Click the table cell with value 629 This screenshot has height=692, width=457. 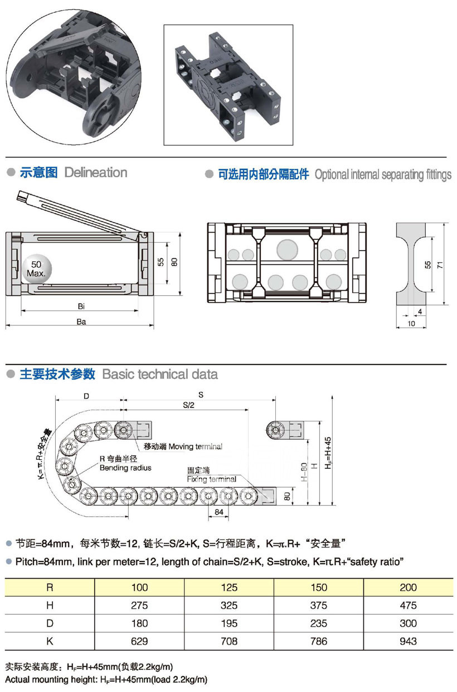pos(139,641)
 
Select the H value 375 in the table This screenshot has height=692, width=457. pos(319,605)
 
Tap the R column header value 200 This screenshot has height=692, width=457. pos(408,587)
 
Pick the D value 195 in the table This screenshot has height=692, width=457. pos(229,623)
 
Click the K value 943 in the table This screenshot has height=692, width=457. pos(408,641)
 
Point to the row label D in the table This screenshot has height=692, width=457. pos(50,623)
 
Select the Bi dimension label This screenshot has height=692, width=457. pos(81,306)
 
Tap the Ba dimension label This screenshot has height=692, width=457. pos(81,321)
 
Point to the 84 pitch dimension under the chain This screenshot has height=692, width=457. pos(218,512)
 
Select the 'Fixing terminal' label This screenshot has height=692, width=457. pos(212,479)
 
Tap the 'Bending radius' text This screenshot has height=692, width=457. pos(125,468)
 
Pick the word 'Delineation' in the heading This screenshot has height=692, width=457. pos(96,172)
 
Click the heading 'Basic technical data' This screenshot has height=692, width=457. pos(160,374)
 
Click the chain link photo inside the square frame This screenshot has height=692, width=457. pos(228,85)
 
